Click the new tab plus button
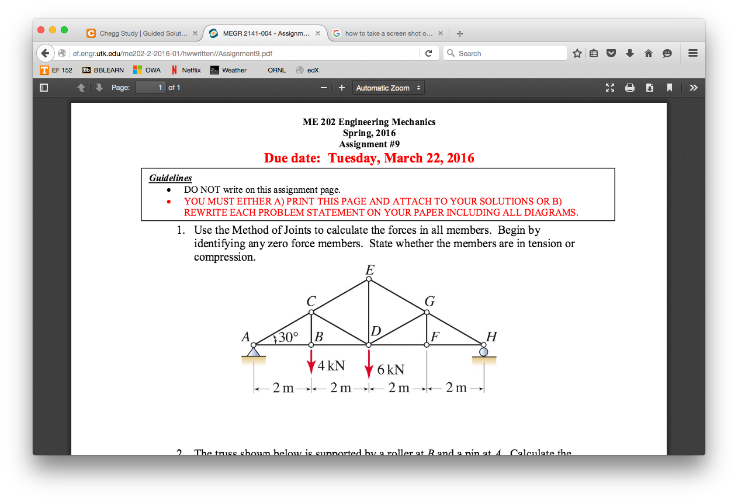[x=460, y=33]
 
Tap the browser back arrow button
[x=45, y=53]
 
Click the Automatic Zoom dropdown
[x=388, y=88]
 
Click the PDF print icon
[x=630, y=88]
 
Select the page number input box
[x=151, y=88]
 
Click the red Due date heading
[x=369, y=158]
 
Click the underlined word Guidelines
[x=170, y=178]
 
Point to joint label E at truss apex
[x=369, y=269]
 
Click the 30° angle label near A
[x=287, y=337]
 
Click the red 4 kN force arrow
[x=311, y=362]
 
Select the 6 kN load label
[x=390, y=370]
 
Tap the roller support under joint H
[x=483, y=352]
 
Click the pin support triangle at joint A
[x=253, y=352]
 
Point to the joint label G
[x=429, y=302]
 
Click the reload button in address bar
[x=428, y=53]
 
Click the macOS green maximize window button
[x=64, y=30]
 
